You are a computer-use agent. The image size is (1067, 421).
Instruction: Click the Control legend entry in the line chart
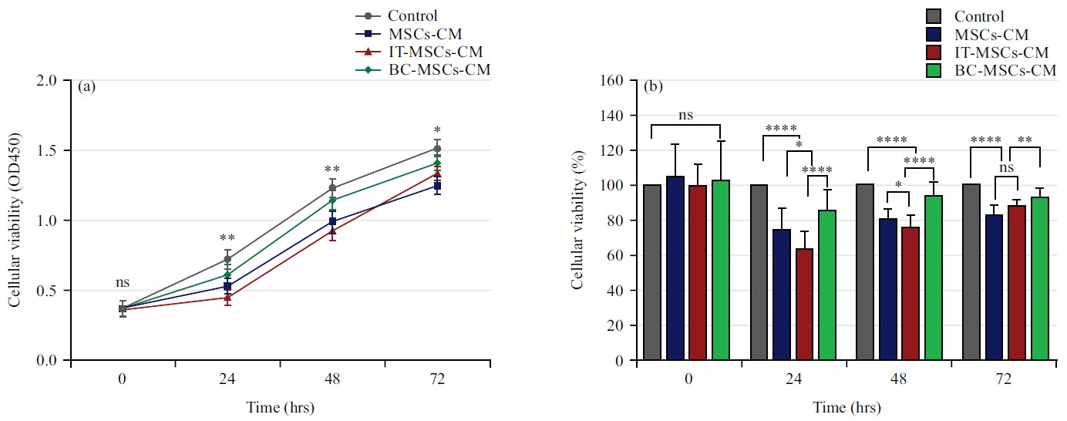coord(412,15)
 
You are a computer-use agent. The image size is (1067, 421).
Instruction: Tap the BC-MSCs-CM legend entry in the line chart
coord(439,69)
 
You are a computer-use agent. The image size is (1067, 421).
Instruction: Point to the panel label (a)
coord(86,86)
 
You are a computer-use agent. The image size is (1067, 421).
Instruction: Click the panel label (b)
coord(653,86)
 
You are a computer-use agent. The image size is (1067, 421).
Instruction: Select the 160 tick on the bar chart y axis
coord(614,80)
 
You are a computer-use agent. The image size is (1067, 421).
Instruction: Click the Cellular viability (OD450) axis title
coord(15,221)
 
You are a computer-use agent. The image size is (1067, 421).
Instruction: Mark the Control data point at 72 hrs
coord(437,148)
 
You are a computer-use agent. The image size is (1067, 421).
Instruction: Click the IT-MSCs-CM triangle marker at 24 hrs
coord(227,298)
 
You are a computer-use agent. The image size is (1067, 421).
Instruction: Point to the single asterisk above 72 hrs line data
coord(437,130)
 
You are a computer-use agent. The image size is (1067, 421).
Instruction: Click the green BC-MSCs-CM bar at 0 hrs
coord(721,270)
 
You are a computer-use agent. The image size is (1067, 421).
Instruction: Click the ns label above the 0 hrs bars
coord(685,115)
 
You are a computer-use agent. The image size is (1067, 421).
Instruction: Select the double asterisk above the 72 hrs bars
coord(1025,140)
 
